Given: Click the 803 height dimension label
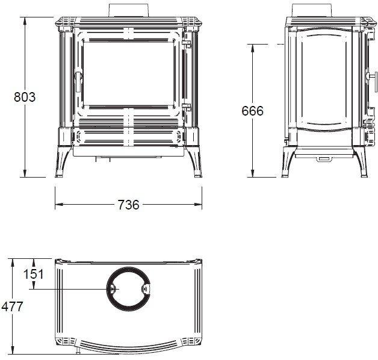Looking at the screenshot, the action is click(x=25, y=97).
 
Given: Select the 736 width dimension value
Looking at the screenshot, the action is click(x=128, y=205).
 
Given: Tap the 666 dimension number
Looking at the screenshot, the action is click(x=253, y=111).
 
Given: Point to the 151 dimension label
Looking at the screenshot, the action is click(x=34, y=274).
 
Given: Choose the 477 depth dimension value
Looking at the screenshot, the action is click(x=12, y=306).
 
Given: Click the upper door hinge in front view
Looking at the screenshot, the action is click(x=187, y=44).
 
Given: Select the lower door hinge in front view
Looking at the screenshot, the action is click(x=187, y=107).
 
